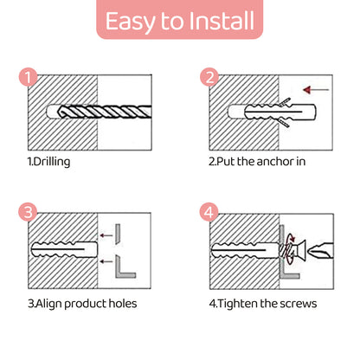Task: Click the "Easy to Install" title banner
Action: click(x=179, y=19)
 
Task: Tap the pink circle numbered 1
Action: click(x=28, y=77)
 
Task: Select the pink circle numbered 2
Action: click(x=209, y=77)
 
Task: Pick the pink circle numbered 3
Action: click(x=28, y=212)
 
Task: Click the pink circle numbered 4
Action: click(x=209, y=212)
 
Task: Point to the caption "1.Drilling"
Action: click(x=48, y=162)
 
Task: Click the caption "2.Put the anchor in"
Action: click(x=257, y=162)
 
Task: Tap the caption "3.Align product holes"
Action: click(x=82, y=304)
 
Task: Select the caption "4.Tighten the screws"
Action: click(x=263, y=304)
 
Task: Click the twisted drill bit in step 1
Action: click(x=105, y=112)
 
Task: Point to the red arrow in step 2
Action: click(x=316, y=90)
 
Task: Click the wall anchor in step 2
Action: click(x=280, y=112)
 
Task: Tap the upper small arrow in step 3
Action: click(x=106, y=235)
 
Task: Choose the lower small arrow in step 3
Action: click(x=106, y=261)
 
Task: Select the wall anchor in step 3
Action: click(x=64, y=249)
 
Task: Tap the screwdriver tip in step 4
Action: click(x=320, y=251)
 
